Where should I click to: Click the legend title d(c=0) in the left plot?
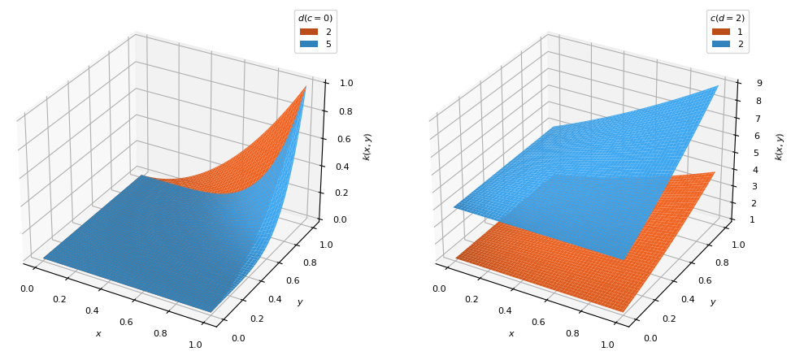[315, 18]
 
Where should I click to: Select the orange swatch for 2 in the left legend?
[308, 32]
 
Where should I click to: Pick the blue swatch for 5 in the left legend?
[308, 44]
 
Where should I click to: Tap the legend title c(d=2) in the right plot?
[728, 18]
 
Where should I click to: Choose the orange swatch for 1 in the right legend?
[721, 32]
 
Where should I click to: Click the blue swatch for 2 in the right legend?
[721, 44]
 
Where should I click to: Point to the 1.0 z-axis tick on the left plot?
[346, 83]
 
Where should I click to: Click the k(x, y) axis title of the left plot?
[367, 146]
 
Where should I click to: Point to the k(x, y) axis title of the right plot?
[780, 146]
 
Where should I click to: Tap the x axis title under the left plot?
[98, 333]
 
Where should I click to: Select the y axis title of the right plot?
[712, 302]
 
